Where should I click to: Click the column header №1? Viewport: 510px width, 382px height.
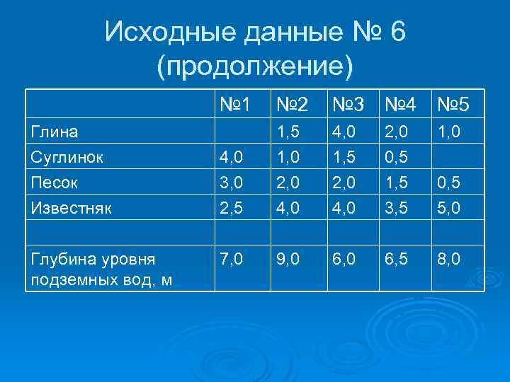(235, 106)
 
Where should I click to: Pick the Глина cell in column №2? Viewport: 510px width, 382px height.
(290, 131)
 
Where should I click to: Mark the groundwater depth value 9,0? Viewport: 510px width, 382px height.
(290, 260)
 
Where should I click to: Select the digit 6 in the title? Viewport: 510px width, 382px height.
(397, 32)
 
